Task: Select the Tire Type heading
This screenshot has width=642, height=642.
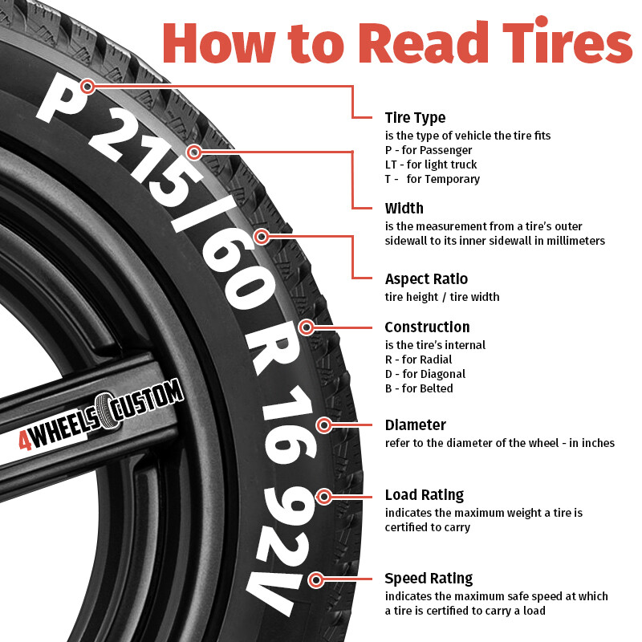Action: (415, 118)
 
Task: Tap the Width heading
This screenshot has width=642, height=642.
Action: (404, 208)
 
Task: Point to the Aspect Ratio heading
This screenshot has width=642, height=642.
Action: (426, 279)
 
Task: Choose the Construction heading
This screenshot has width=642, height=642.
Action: (427, 327)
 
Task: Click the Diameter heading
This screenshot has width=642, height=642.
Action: (415, 425)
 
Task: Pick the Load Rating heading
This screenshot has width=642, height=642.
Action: (424, 495)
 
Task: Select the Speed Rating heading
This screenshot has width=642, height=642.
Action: (429, 579)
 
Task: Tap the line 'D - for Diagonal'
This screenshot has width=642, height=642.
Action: (425, 374)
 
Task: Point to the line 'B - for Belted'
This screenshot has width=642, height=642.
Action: (419, 388)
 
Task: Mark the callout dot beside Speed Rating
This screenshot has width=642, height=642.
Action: (317, 579)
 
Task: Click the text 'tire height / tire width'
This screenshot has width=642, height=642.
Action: (441, 297)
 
